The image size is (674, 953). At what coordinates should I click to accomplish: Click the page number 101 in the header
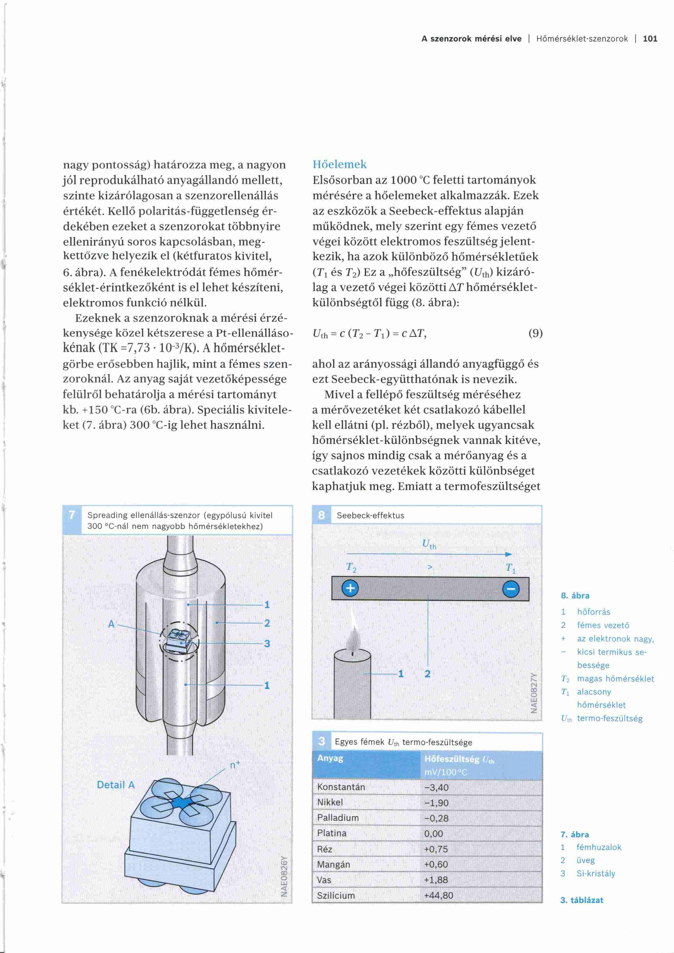tap(650, 39)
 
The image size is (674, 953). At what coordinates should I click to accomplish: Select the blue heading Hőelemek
tap(339, 164)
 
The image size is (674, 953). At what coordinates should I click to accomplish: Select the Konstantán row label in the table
tap(341, 787)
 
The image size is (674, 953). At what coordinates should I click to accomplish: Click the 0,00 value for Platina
tap(434, 833)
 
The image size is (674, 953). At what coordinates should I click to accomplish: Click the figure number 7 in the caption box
tap(72, 515)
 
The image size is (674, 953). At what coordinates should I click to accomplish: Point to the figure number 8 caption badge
tap(321, 515)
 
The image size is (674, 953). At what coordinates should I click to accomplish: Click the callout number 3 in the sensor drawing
tap(267, 643)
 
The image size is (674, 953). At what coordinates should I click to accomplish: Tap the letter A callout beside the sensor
tap(111, 624)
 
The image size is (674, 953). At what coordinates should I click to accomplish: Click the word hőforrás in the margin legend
tap(594, 612)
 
